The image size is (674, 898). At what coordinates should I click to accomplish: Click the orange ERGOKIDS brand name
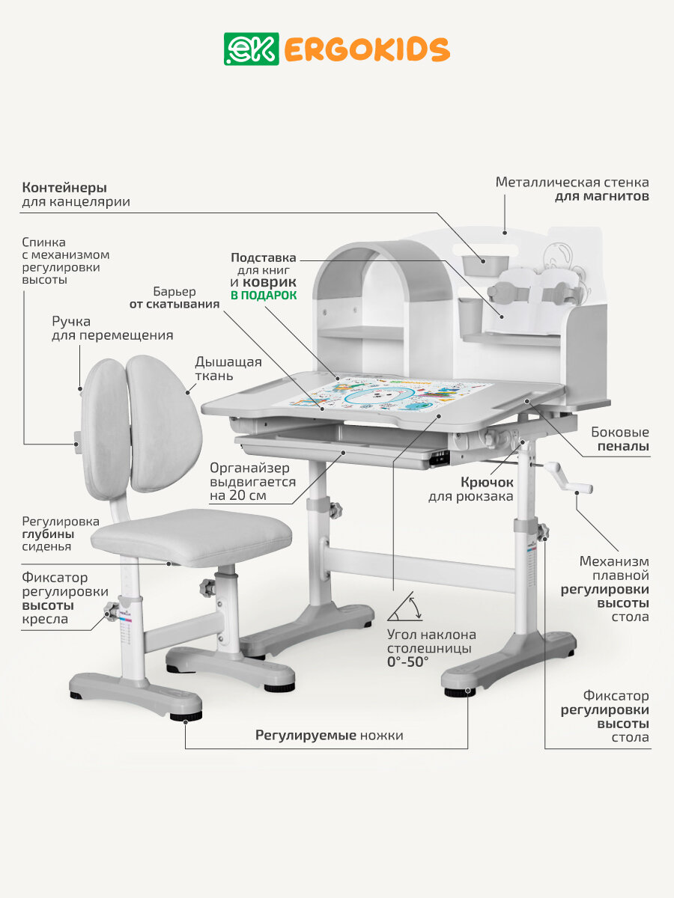(x=366, y=49)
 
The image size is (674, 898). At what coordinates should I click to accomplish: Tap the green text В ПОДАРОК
(x=263, y=296)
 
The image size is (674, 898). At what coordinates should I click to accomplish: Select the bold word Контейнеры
(x=64, y=187)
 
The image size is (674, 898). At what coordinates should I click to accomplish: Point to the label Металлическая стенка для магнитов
(x=572, y=189)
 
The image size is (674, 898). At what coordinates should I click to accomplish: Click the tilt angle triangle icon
(x=404, y=607)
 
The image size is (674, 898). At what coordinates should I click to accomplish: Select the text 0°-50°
(x=408, y=662)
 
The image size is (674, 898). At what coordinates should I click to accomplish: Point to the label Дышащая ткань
(x=228, y=370)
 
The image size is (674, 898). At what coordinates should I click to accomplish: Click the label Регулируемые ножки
(x=329, y=735)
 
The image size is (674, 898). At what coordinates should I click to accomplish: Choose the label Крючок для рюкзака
(x=471, y=489)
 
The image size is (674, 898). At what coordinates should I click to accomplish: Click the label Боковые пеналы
(x=619, y=439)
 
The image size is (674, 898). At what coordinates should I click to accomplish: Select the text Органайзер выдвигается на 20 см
(x=252, y=482)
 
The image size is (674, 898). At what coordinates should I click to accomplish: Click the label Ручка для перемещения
(x=112, y=328)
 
